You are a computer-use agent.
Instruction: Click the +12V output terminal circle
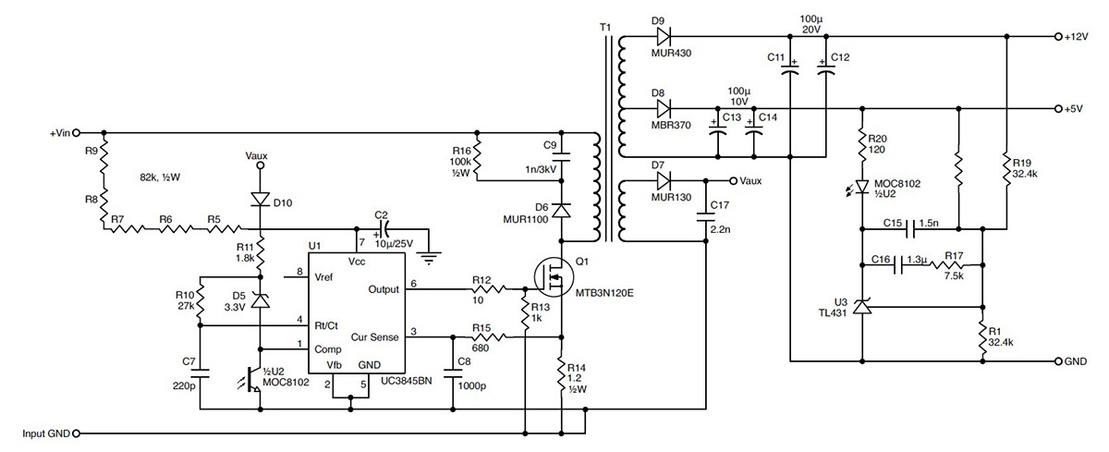pos(1058,37)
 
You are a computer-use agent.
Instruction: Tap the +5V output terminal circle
pos(1058,109)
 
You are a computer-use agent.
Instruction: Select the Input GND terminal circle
pos(76,434)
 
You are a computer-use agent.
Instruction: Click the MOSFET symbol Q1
pos(554,277)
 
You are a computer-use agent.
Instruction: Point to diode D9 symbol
pos(664,37)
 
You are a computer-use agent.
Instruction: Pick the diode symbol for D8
pos(664,109)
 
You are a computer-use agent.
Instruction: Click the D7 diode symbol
pos(664,180)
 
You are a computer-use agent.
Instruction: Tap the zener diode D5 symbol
pos(261,300)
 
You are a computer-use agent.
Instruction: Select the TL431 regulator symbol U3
pos(862,307)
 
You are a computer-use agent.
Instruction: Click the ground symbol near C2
pos(429,258)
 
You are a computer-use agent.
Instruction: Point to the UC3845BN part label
pos(407,381)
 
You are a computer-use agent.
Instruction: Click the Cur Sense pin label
pos(375,337)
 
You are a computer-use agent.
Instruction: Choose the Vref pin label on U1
pos(323,277)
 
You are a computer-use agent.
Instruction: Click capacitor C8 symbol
pos(453,373)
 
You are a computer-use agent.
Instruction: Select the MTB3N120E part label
pos(604,293)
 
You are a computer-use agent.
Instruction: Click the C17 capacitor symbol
pos(705,217)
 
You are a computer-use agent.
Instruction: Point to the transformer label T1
pos(605,27)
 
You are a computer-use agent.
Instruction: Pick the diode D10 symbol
pos(261,200)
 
